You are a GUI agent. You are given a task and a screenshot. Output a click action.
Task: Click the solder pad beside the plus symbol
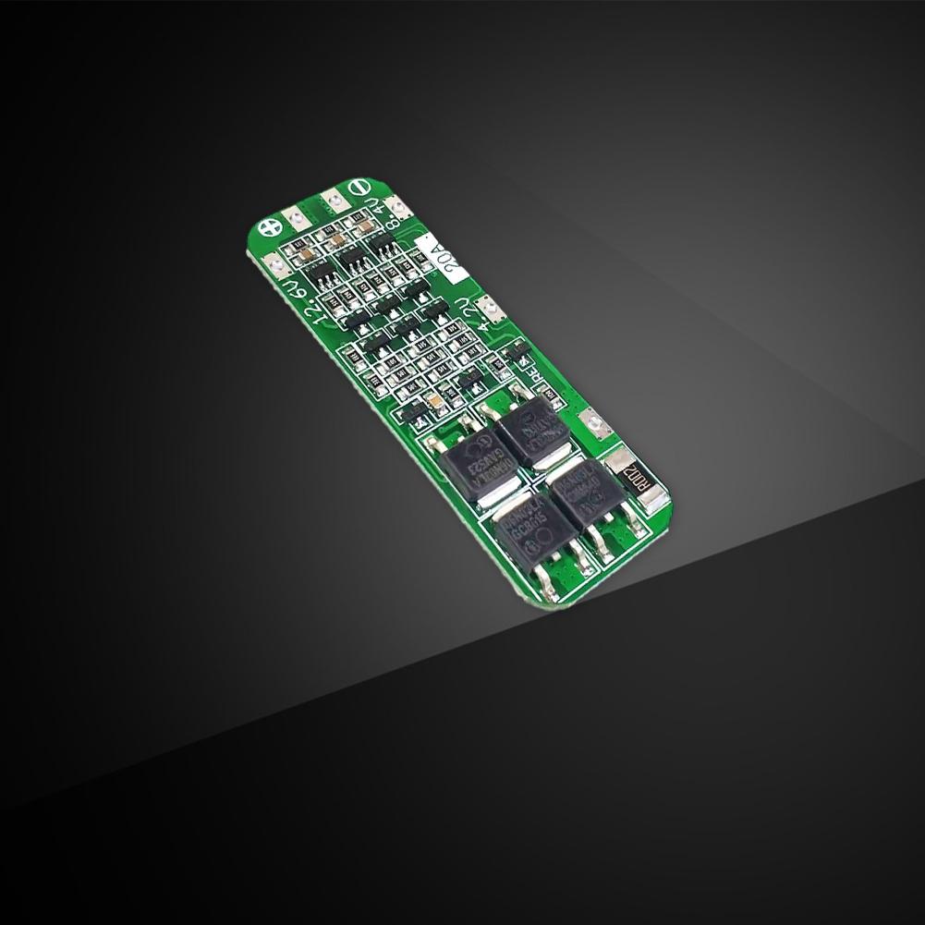298,218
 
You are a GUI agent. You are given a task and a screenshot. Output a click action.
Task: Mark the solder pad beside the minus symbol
329,198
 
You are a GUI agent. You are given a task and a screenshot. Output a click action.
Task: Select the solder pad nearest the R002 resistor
597,424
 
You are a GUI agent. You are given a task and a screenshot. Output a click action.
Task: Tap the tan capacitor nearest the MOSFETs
432,402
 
